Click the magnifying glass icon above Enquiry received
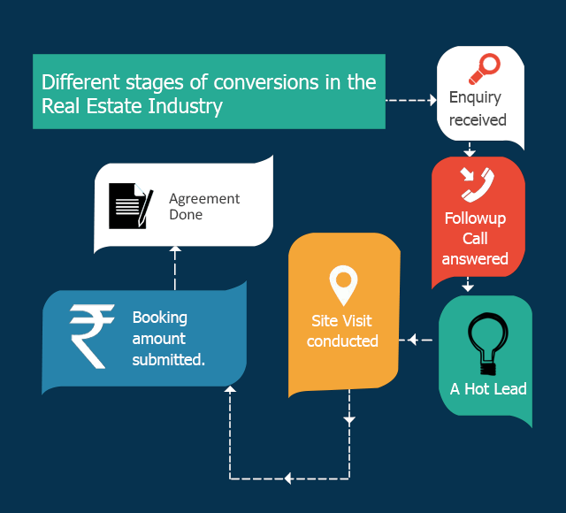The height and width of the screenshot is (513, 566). pos(484,67)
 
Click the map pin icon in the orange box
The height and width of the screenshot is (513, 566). pos(342,285)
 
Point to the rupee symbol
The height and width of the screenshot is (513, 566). pos(92,335)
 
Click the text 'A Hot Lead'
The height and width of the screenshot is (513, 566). pos(487,389)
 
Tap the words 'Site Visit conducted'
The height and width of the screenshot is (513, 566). pos(342,331)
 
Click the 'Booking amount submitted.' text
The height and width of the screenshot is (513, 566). pos(169,338)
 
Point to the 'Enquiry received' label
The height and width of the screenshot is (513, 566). pos(478,108)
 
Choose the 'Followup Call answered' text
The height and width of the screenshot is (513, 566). pos(476,239)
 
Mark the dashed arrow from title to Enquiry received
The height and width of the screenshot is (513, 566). pos(411,99)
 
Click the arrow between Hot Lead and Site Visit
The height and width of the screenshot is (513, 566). pos(419,340)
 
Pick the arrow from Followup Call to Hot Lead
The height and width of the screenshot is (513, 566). pos(469,285)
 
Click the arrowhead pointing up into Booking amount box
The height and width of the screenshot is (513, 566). pos(230,390)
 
